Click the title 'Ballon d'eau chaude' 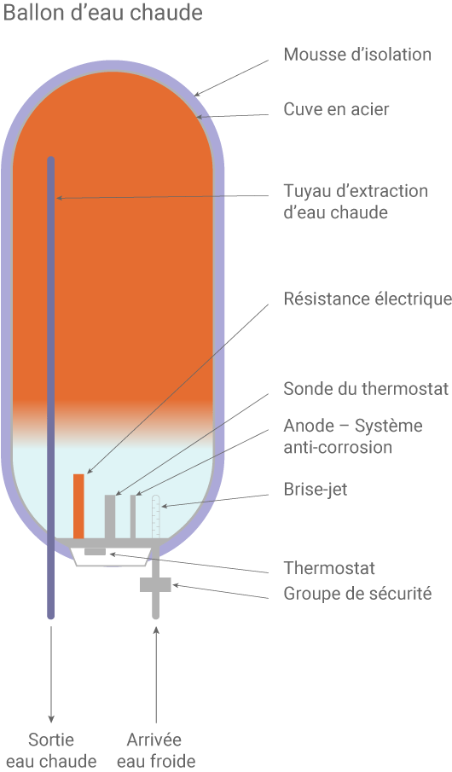103,14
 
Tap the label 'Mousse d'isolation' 357,55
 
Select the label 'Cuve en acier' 337,110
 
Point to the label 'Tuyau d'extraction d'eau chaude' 355,201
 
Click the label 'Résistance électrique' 367,299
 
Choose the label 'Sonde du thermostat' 366,389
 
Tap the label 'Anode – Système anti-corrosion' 352,436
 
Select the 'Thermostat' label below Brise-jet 328,568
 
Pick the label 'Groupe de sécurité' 357,594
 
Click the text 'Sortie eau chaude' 51,750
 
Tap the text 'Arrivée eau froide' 155,750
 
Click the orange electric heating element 78,505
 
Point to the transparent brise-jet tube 155,516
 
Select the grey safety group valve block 155,584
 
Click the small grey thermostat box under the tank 95,552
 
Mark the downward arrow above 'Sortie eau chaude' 51,674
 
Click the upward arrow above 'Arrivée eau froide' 156,674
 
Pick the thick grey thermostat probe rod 109,515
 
